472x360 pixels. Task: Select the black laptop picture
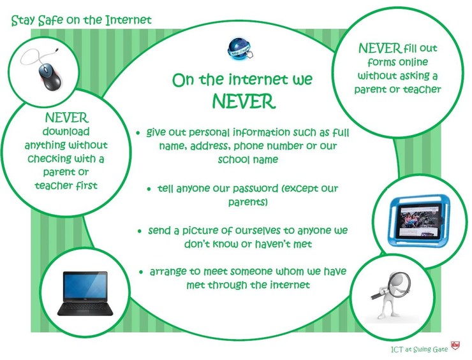85,293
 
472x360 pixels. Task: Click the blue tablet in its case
419,219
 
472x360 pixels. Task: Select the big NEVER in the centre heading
244,101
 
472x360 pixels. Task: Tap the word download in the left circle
66,131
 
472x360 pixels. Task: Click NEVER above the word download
66,118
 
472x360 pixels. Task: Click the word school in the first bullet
234,159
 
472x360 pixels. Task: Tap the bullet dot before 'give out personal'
138,133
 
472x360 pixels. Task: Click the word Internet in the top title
128,20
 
